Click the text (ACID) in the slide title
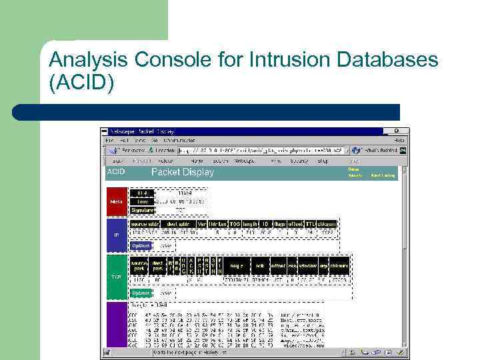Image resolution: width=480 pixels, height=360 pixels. click(81, 85)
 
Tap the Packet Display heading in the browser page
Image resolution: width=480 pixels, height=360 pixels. click(183, 172)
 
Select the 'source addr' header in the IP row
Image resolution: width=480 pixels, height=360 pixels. click(143, 223)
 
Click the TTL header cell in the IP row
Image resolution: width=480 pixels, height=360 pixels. click(310, 223)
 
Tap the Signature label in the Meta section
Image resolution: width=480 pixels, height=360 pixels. click(141, 209)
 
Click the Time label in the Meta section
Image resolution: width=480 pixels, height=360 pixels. click(141, 201)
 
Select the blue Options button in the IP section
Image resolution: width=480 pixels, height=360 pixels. click(141, 245)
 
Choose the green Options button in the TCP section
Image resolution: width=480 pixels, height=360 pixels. click(141, 292)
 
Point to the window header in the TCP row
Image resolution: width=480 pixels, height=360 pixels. click(307, 265)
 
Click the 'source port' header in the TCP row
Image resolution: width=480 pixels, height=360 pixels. click(139, 265)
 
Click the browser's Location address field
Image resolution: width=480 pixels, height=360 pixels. click(253, 151)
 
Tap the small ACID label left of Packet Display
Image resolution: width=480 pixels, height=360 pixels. click(115, 172)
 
